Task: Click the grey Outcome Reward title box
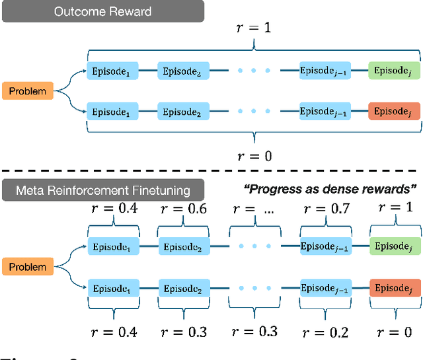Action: click(102, 12)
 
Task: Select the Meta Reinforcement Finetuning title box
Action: click(102, 190)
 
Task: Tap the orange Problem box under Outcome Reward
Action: click(28, 90)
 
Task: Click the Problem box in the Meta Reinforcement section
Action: click(28, 267)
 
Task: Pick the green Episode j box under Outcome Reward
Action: click(393, 70)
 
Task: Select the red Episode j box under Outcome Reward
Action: click(393, 112)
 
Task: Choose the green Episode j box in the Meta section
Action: click(393, 246)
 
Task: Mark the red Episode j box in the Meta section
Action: click(393, 288)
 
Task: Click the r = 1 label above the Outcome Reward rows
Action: click(254, 29)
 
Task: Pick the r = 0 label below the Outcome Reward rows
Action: click(254, 156)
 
